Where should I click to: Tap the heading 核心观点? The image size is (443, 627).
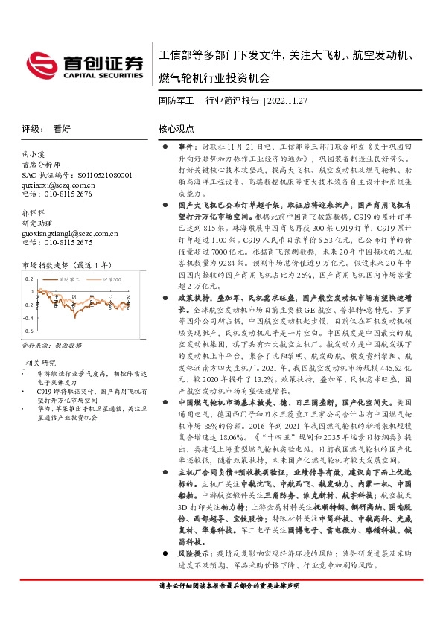(x=176, y=128)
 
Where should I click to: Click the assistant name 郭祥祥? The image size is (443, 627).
(x=34, y=212)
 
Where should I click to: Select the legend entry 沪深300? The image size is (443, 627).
(x=108, y=279)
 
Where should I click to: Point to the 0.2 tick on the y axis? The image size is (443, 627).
(x=29, y=279)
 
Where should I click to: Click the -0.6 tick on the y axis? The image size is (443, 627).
(x=28, y=330)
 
